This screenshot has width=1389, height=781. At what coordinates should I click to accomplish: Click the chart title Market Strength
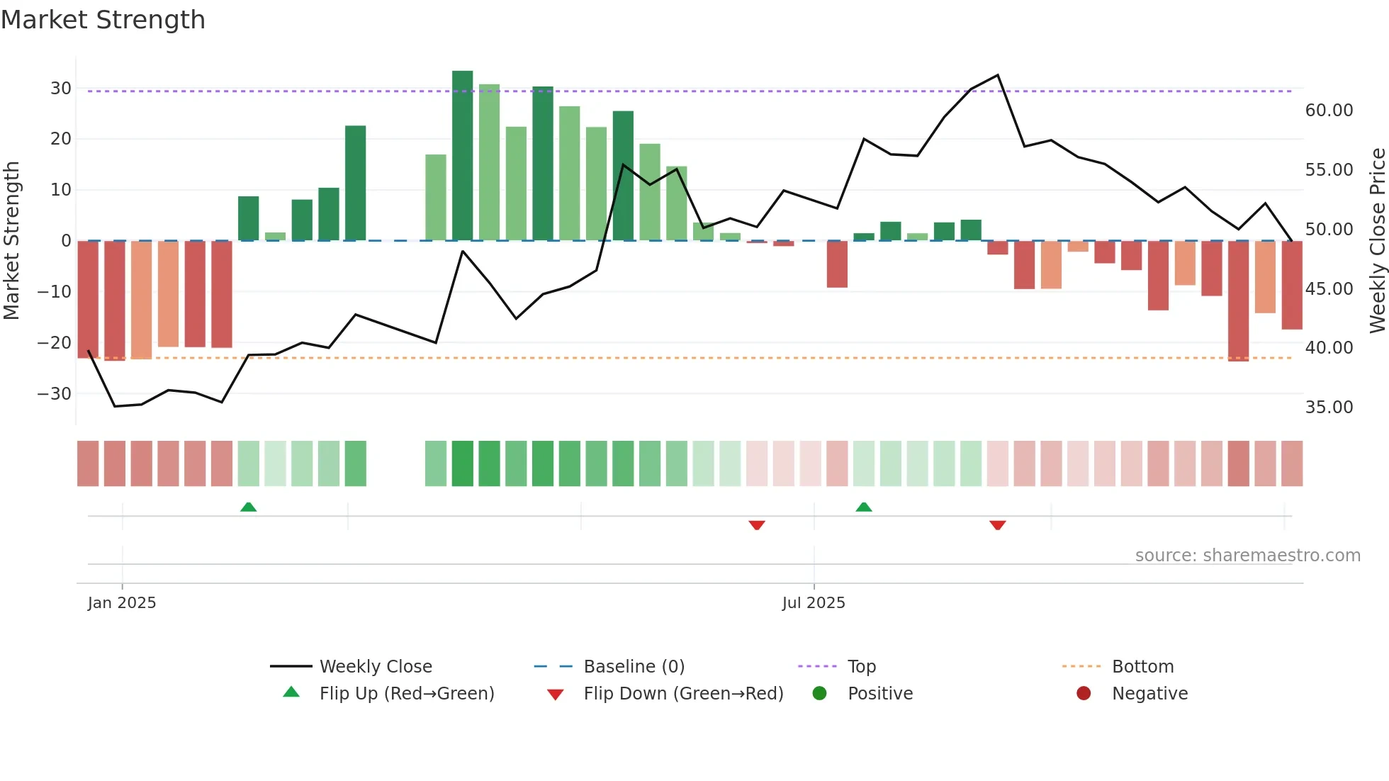pyautogui.click(x=103, y=20)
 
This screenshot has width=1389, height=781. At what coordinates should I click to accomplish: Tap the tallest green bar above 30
pyautogui.click(x=462, y=155)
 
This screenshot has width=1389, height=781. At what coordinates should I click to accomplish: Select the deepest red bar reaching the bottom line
pyautogui.click(x=1238, y=300)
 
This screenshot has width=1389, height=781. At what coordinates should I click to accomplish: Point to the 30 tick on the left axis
pyautogui.click(x=61, y=89)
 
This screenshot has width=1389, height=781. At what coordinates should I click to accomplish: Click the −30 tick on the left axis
pyautogui.click(x=55, y=394)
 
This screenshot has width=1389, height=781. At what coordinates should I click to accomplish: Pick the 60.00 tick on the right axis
pyautogui.click(x=1329, y=111)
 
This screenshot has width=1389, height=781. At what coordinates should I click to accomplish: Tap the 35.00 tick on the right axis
pyautogui.click(x=1329, y=408)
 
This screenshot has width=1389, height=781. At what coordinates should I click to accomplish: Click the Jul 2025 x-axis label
pyautogui.click(x=814, y=603)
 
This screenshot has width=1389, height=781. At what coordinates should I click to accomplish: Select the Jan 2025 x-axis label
pyautogui.click(x=122, y=603)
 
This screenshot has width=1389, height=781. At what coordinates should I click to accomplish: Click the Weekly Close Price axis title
pyautogui.click(x=1377, y=240)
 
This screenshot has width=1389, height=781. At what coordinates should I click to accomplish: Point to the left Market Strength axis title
pyautogui.click(x=11, y=240)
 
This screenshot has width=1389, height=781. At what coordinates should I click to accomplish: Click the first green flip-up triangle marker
pyautogui.click(x=248, y=507)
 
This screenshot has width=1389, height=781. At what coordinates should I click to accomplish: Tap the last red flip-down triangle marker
pyautogui.click(x=997, y=525)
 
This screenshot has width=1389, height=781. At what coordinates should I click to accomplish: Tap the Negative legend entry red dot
pyautogui.click(x=1083, y=694)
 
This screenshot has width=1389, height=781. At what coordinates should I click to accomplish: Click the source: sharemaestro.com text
pyautogui.click(x=1247, y=556)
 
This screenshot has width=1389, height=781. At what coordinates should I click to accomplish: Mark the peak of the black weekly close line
pyautogui.click(x=998, y=75)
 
